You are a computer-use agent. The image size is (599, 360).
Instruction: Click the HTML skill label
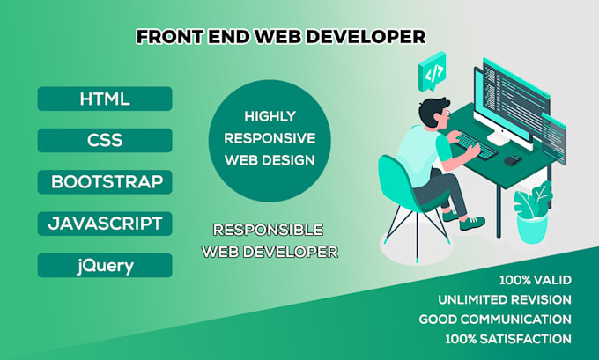(104, 99)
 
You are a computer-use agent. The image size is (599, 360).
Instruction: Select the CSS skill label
(104, 140)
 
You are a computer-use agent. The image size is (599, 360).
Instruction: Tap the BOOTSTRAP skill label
(106, 182)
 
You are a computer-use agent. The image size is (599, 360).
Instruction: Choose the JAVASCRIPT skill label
(105, 224)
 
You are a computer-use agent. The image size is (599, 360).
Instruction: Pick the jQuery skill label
(105, 265)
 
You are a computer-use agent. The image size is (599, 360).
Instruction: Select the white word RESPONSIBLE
(268, 231)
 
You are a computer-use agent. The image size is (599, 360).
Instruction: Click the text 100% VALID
(536, 280)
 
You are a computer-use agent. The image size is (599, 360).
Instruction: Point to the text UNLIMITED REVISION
(504, 299)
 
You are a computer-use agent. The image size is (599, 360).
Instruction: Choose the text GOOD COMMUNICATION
(494, 319)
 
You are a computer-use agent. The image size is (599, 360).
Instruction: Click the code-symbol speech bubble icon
(433, 74)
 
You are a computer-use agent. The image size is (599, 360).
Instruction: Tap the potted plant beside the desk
(532, 211)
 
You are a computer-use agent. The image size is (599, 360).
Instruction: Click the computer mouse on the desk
(512, 159)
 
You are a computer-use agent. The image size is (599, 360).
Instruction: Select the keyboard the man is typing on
(476, 147)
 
